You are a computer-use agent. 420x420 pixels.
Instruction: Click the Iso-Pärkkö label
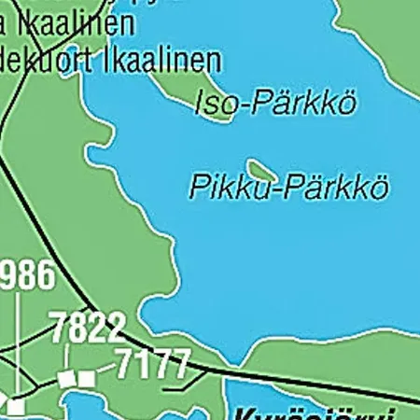tap(275, 103)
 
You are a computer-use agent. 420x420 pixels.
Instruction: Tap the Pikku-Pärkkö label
tap(287, 187)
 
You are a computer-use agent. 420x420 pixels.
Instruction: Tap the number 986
tap(26, 277)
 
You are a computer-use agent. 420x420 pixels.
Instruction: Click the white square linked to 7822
tap(65, 379)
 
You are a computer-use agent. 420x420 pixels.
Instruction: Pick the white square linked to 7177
tap(86, 378)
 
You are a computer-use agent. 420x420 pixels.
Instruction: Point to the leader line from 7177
tap(105, 372)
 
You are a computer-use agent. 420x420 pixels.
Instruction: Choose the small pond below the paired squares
tap(93, 406)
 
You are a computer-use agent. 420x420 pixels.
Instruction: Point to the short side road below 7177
tap(177, 385)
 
